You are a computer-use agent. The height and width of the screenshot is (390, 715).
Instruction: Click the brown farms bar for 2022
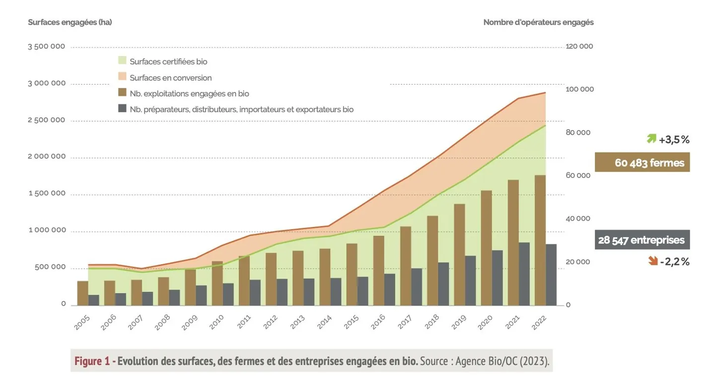coord(540,240)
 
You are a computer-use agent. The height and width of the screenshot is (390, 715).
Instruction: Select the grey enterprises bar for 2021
coord(524,274)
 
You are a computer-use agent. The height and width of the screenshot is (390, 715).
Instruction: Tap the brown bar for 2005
coord(82,293)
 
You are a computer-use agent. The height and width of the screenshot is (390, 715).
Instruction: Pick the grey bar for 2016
coord(389,290)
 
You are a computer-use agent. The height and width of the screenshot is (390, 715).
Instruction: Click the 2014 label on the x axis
coord(324,322)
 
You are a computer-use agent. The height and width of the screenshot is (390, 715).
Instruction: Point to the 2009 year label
coord(190,322)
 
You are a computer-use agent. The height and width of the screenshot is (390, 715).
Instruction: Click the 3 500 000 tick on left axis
coord(47,46)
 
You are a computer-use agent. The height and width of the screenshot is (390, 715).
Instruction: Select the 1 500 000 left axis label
coord(47,193)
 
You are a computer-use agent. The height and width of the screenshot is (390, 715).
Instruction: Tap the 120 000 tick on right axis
coord(579,46)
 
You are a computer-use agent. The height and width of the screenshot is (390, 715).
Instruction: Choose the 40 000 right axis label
coord(578,219)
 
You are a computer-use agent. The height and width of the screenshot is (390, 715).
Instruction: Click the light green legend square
coord(122,61)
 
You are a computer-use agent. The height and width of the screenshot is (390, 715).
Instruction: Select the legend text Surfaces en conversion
coord(171,78)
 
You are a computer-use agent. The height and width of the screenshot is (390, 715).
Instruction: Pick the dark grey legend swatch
coord(122,108)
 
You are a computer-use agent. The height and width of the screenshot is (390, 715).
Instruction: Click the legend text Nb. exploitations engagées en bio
coord(189,93)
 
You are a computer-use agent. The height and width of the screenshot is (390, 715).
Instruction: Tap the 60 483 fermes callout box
coord(642,162)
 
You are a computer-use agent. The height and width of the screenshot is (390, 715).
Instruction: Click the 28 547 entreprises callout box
coord(642,239)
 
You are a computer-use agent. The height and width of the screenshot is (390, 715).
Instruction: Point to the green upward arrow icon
coord(651,139)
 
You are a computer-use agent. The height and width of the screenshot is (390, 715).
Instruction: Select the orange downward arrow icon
coord(653,261)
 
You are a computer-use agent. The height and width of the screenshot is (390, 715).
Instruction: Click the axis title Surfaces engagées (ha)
coord(70,22)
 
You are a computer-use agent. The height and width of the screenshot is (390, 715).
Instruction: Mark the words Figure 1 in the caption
coord(92,361)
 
